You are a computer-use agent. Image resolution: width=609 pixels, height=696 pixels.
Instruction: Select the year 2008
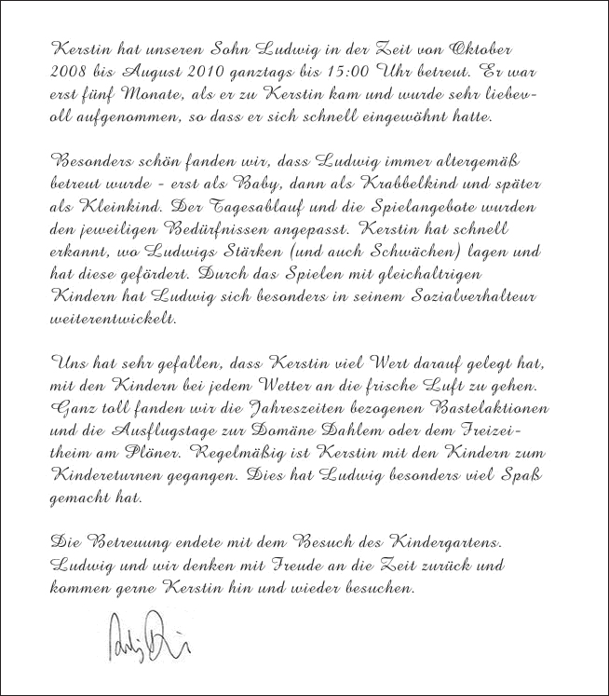(x=66, y=72)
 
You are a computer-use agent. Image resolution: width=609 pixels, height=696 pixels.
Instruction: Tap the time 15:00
(x=316, y=72)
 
